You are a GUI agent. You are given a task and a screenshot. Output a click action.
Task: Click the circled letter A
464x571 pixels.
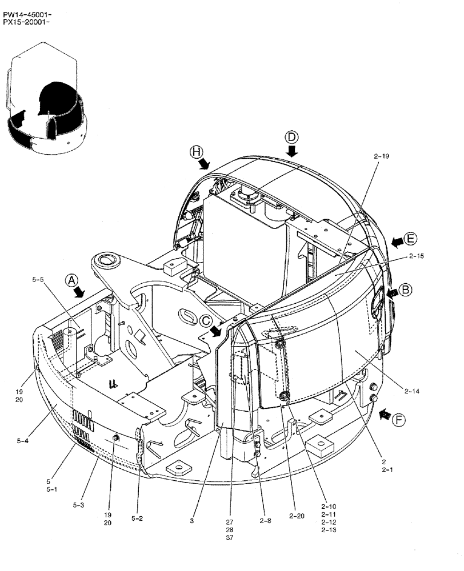click(71, 280)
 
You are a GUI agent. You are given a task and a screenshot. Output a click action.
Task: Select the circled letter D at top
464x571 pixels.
click(291, 137)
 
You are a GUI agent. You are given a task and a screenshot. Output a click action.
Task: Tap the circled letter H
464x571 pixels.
click(197, 151)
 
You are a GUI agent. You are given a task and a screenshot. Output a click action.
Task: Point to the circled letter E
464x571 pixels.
click(410, 239)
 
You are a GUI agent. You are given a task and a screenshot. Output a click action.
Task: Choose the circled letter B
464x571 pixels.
click(405, 289)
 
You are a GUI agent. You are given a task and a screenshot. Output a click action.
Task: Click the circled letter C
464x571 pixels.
click(206, 321)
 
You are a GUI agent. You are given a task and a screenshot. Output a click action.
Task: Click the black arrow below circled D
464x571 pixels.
click(292, 151)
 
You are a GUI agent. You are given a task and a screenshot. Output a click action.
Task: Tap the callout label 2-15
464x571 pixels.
click(416, 256)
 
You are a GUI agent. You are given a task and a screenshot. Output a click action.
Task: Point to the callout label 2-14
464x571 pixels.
click(412, 391)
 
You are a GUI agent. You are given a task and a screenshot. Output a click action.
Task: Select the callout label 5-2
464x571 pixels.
click(137, 518)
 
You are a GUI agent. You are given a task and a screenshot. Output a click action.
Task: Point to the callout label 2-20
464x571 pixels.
click(297, 516)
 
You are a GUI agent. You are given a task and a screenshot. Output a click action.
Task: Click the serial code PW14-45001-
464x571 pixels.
click(27, 7)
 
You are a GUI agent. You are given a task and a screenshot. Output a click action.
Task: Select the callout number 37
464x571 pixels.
click(229, 537)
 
